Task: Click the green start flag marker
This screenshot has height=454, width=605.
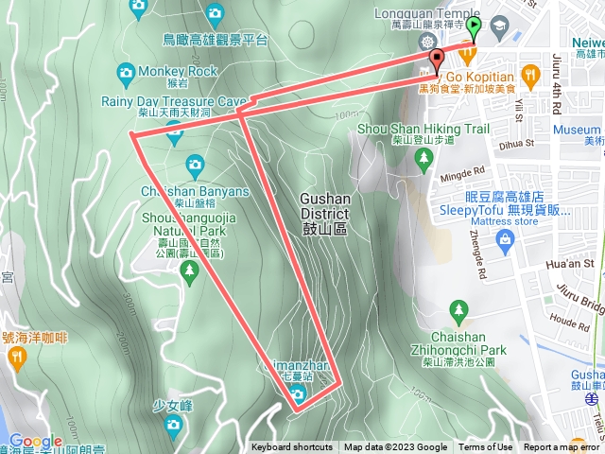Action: coord(474,27)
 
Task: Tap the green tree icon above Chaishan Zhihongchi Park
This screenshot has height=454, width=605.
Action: coord(459,309)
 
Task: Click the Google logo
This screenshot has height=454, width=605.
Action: coord(35,442)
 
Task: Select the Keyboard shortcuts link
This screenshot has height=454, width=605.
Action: coord(292,447)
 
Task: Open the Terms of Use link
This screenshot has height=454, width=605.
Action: coord(486,447)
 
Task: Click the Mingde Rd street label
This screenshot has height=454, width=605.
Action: coord(462,175)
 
